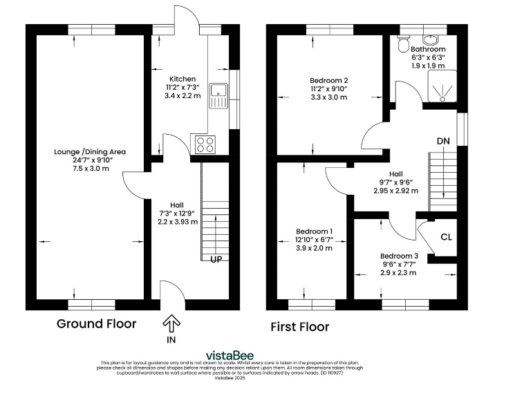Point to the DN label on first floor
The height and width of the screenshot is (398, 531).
(444, 142)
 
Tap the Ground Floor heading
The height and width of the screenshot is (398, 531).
(96, 323)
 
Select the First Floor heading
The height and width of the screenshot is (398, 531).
(300, 326)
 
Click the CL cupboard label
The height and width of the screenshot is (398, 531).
(446, 237)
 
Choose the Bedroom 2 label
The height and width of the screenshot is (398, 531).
(328, 80)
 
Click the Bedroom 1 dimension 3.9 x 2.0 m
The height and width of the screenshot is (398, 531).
(315, 247)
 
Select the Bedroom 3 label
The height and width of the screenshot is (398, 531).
(399, 255)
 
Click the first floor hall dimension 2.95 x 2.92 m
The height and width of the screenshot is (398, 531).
(395, 191)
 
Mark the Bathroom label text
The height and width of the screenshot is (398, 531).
(428, 50)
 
